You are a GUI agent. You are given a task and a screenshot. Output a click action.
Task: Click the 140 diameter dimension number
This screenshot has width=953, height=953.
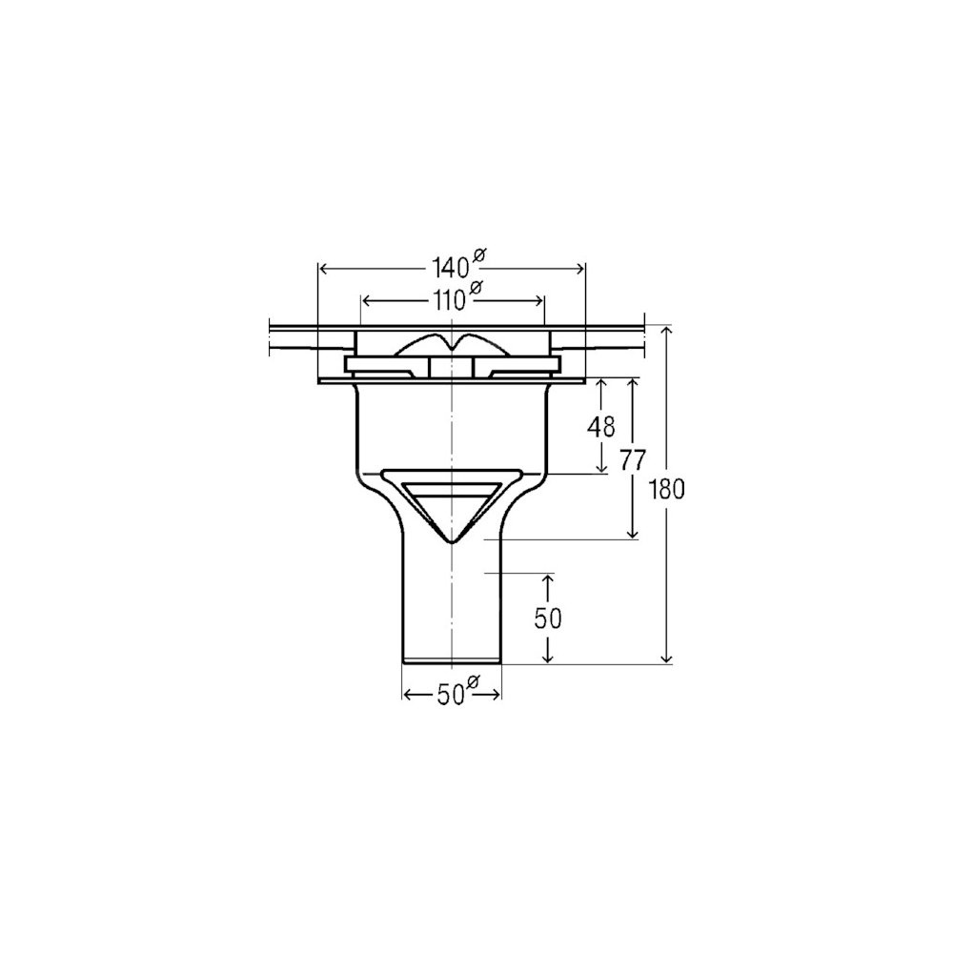pos(450,268)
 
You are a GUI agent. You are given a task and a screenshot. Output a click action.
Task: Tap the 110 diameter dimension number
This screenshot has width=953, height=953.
pos(449,300)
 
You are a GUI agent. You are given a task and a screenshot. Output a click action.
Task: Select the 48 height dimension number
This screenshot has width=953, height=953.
pos(601,427)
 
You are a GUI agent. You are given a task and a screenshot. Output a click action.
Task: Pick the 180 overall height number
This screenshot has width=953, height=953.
pos(667,489)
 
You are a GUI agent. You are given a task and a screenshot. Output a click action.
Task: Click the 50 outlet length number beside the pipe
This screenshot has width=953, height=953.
pos(548,618)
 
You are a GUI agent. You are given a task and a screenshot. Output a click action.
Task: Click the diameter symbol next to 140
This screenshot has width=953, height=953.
pos(477,256)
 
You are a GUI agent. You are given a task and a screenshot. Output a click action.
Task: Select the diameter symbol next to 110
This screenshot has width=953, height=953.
pos(476,288)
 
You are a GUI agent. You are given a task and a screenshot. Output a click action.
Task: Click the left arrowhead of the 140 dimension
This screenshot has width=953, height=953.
pos(324,268)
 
